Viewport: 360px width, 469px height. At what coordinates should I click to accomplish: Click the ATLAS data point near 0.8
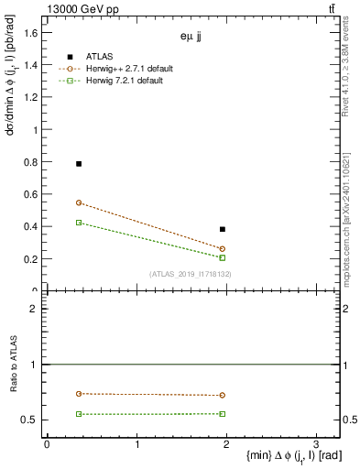79,163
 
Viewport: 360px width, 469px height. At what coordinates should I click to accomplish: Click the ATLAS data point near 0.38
223,229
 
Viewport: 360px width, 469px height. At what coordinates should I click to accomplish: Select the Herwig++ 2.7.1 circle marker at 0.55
79,202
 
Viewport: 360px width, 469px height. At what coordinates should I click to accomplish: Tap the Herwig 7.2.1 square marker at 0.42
79,223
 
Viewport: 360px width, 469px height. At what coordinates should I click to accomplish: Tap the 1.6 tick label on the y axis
31,33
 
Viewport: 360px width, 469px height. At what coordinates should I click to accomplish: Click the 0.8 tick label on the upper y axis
31,162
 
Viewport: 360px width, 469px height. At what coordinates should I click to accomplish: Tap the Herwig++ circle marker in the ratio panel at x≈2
223,396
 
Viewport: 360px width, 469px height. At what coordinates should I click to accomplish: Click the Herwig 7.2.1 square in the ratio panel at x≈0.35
79,414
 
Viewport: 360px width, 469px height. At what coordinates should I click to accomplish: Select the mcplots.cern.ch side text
352,220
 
